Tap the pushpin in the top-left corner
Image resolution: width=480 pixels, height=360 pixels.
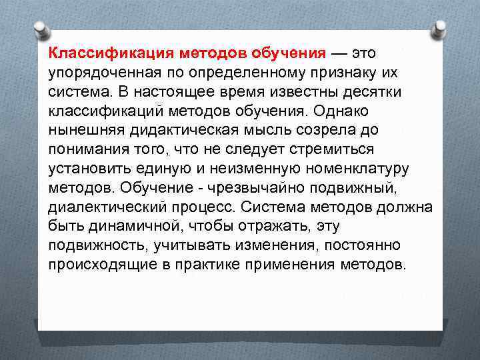pos(41,29)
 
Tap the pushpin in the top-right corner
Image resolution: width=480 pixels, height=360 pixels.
pos(441,29)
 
